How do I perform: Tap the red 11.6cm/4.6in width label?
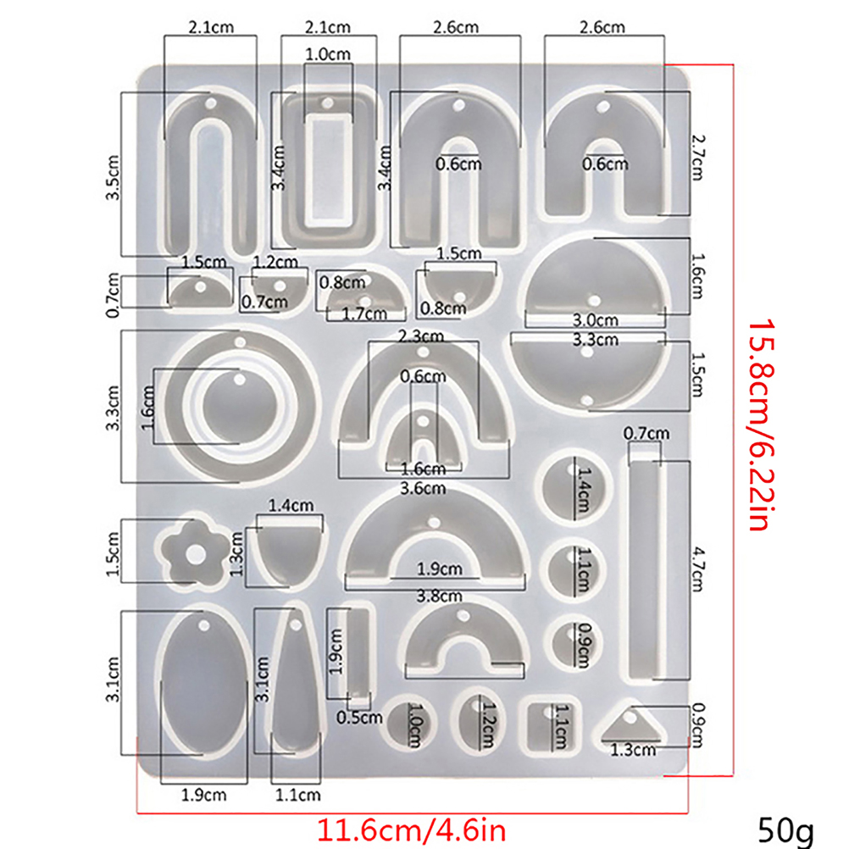(x=412, y=830)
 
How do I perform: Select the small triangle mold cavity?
(x=632, y=724)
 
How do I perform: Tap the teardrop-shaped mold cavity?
(x=295, y=682)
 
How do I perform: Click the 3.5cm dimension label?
(x=114, y=178)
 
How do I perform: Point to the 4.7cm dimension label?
(x=698, y=569)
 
